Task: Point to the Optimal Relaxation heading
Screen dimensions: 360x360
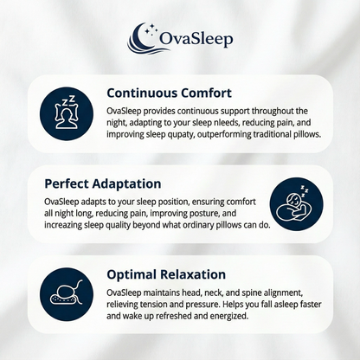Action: (x=167, y=274)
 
